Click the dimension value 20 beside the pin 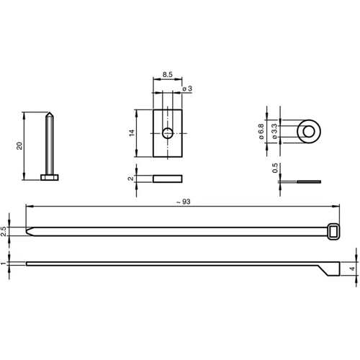(20, 145)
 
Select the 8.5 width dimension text (166, 74)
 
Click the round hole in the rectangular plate (167, 132)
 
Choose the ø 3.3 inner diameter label (274, 132)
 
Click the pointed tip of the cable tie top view (30, 230)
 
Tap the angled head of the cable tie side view (328, 269)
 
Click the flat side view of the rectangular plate (167, 178)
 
